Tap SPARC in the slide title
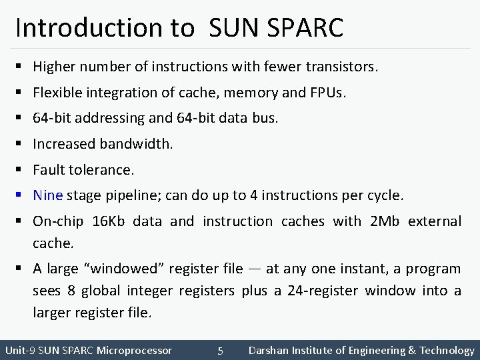point(309,27)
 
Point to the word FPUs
point(328,92)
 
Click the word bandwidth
point(135,143)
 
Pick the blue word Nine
point(47,195)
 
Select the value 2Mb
point(385,221)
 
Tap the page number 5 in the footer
point(220,351)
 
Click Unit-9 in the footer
point(19,350)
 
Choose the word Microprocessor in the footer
point(134,350)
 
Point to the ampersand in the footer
point(411,350)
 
